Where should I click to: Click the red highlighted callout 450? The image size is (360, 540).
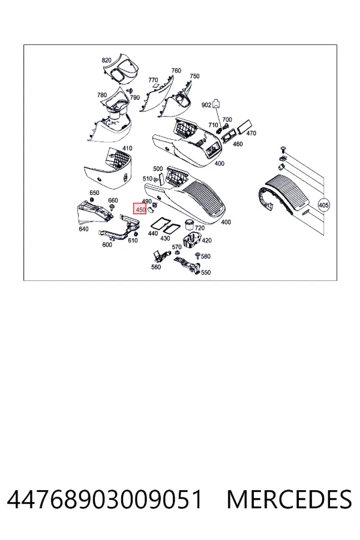[x=140, y=208]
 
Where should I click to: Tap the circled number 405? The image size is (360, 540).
[x=323, y=205]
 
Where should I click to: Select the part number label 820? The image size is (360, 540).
[x=106, y=60]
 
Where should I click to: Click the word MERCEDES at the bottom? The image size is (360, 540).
[x=289, y=499]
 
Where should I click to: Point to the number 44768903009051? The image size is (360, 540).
[x=104, y=499]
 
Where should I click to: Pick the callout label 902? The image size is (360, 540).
[x=206, y=104]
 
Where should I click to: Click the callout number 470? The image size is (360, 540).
[x=251, y=133]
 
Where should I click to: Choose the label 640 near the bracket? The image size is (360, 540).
[x=83, y=229]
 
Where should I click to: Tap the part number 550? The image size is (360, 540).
[x=206, y=272]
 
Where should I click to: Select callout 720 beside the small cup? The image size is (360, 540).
[x=199, y=227]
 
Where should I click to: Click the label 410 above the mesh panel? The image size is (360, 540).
[x=127, y=148]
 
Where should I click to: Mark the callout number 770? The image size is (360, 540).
[x=153, y=80]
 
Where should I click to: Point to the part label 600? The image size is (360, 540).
[x=107, y=245]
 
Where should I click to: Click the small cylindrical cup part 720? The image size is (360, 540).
[x=189, y=224]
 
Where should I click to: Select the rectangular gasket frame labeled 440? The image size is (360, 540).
[x=159, y=224]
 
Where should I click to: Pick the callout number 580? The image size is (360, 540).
[x=206, y=256]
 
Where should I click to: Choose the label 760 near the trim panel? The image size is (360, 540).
[x=176, y=70]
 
